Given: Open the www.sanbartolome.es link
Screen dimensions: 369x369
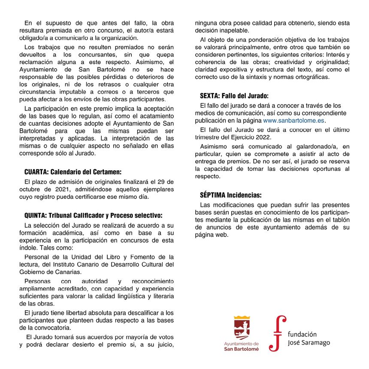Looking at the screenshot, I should point(296,121).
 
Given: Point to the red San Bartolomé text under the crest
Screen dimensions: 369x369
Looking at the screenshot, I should point(242,349).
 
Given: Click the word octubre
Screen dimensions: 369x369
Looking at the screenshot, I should point(30,189).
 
